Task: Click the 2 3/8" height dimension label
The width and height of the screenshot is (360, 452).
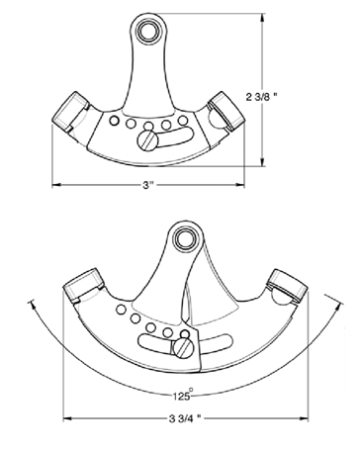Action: point(262,97)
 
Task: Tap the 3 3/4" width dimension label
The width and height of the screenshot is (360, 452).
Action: point(185,419)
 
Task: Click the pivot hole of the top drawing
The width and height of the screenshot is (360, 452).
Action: point(147,32)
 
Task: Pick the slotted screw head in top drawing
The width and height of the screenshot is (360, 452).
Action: point(147,140)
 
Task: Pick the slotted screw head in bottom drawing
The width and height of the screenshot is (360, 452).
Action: point(183,348)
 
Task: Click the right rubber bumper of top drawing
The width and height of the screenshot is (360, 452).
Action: point(226,110)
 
